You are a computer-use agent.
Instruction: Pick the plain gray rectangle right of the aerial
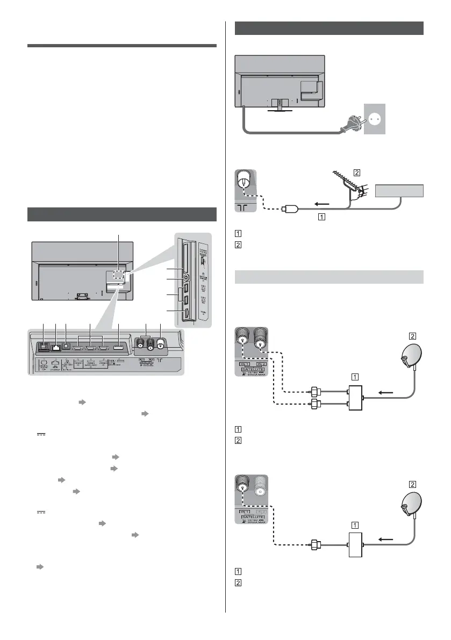[399, 191]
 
